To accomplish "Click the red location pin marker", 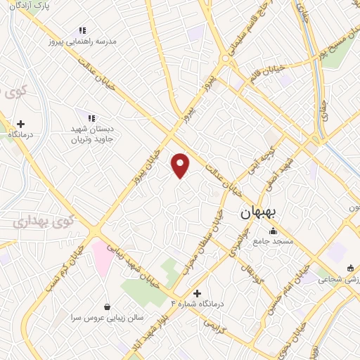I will tap(181, 165).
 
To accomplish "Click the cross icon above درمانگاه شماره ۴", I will tap(197, 292).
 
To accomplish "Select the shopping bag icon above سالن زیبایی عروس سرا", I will tap(107, 307).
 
